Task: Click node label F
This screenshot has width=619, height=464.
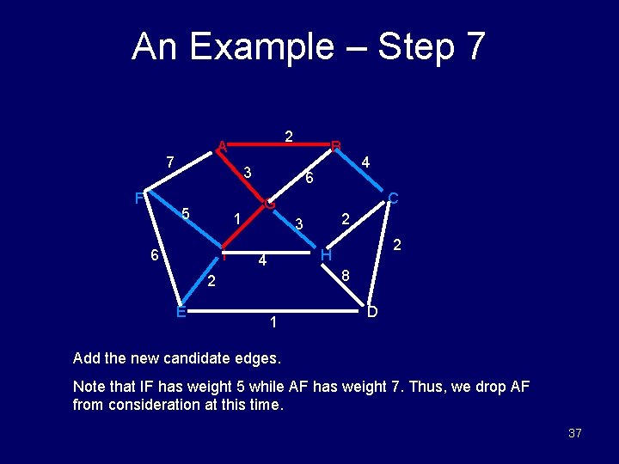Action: click(138, 198)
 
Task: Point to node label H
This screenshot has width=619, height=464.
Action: click(326, 255)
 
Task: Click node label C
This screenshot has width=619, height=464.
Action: click(392, 198)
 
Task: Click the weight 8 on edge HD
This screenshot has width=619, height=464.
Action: click(345, 276)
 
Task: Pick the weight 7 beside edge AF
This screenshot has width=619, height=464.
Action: click(170, 162)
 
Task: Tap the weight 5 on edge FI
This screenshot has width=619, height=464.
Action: click(185, 213)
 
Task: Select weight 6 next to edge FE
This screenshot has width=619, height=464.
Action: click(153, 256)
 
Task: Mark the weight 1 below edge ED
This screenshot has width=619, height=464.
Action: click(273, 323)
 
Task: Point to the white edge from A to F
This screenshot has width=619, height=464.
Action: click(181, 171)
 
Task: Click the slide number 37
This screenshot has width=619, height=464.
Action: click(574, 433)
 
